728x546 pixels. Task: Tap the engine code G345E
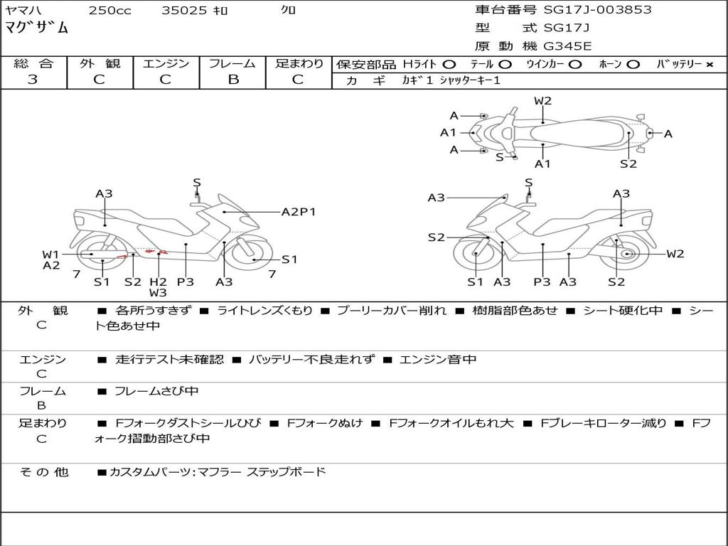567,46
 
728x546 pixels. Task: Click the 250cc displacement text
109,11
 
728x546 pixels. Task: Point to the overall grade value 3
33,80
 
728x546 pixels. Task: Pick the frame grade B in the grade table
232,80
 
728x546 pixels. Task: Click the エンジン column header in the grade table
166,64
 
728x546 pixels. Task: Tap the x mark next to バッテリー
709,65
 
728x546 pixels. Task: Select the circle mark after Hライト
449,65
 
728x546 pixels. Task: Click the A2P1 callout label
299,211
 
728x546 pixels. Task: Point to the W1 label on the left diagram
50,254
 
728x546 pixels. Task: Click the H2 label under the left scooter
158,282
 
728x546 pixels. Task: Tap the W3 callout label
158,292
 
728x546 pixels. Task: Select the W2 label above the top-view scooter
543,101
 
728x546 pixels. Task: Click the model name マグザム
37,28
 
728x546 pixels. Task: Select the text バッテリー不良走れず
311,360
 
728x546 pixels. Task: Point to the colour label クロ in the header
289,11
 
